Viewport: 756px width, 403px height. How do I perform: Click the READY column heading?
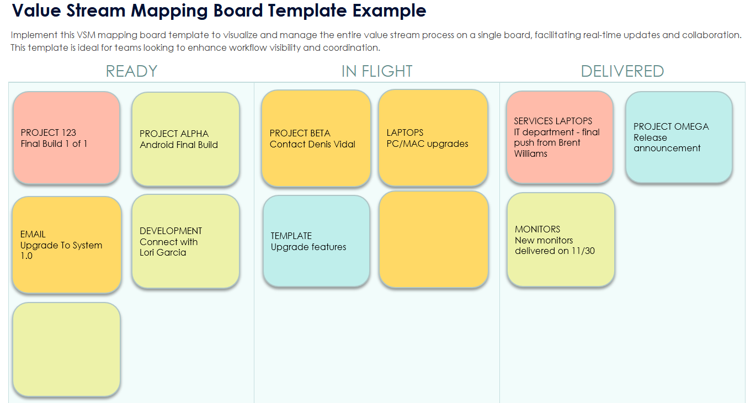pos(132,71)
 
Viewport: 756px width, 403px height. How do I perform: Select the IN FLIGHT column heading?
pos(377,71)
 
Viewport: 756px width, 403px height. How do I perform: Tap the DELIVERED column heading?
pos(622,71)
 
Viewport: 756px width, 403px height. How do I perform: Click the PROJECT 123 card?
pos(66,138)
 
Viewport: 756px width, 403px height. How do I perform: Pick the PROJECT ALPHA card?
pos(185,139)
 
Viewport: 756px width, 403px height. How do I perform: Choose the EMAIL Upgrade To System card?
pos(67,245)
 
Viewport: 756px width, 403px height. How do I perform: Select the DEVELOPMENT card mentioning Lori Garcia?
pos(185,242)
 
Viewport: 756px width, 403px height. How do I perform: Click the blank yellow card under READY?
pos(66,349)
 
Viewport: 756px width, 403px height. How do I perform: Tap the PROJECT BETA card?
pos(316,139)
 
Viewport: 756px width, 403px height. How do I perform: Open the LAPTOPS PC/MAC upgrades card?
pos(433,138)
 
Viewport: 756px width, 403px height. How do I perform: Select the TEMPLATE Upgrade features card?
pos(316,241)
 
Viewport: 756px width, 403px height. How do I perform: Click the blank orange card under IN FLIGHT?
pos(434,240)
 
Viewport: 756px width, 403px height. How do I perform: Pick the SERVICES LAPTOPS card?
pos(560,137)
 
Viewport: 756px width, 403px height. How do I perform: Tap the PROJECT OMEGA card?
pos(679,137)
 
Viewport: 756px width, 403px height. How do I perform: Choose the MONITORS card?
pos(561,240)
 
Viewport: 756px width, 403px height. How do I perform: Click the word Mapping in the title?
pos(169,11)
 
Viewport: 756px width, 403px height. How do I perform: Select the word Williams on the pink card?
pos(530,154)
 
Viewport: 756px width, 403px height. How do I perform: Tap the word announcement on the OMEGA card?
pos(667,148)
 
